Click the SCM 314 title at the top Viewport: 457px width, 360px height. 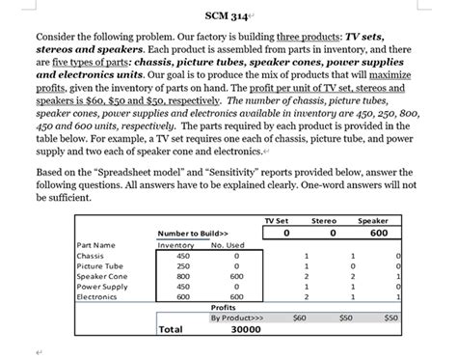point(226,16)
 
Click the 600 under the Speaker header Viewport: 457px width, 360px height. point(379,232)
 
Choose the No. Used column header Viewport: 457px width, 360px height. point(228,245)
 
